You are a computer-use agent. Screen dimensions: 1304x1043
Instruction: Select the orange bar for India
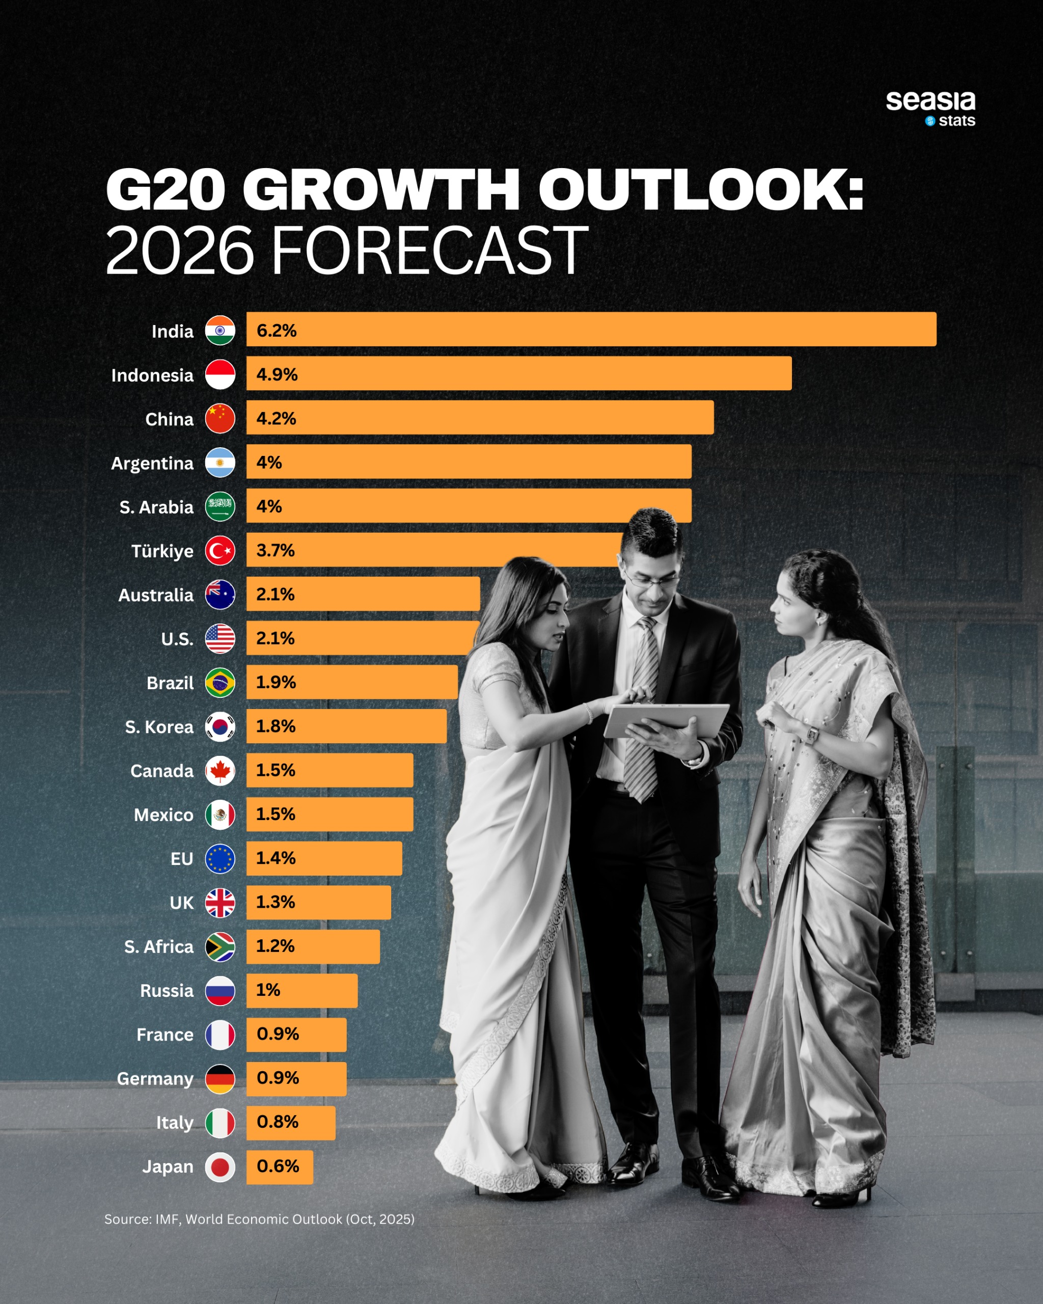(591, 330)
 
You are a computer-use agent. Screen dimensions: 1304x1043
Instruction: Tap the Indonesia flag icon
(220, 374)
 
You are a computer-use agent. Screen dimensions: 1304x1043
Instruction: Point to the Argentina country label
(152, 464)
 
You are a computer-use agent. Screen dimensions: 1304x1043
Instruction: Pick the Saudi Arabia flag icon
(220, 507)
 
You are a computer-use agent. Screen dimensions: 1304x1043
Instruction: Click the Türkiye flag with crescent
(220, 551)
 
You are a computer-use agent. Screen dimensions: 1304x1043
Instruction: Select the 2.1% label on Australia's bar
(275, 594)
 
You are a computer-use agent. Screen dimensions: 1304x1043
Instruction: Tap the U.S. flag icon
(220, 639)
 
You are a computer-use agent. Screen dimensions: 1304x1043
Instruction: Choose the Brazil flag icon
(220, 683)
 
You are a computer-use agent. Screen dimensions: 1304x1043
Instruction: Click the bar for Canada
(330, 771)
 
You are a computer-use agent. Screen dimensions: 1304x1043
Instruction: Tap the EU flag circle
(220, 859)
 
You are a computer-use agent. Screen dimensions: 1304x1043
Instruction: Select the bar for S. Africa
(313, 946)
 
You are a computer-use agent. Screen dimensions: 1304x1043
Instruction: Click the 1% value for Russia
(268, 990)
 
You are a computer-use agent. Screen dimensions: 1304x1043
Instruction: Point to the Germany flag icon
(220, 1079)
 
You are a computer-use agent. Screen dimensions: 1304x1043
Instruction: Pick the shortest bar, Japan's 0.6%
(280, 1166)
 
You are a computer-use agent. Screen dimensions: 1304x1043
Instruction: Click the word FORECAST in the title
(429, 251)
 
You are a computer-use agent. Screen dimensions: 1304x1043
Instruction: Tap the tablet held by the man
(665, 720)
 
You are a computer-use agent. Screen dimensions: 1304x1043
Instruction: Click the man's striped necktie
(642, 708)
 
